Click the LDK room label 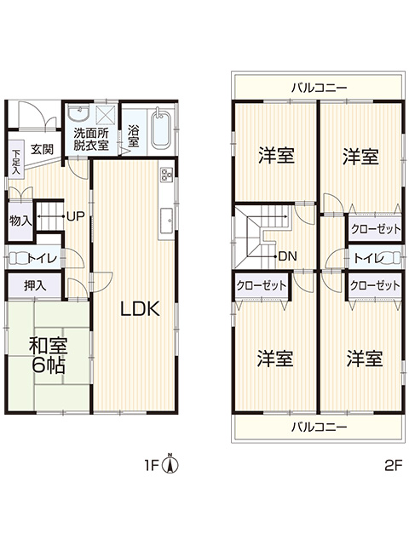tap(140, 308)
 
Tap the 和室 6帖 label tap(48, 355)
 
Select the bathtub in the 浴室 tap(160, 128)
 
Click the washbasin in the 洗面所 tap(78, 113)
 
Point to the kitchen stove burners tap(166, 174)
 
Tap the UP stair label tap(75, 216)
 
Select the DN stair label tap(288, 256)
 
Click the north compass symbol tap(170, 463)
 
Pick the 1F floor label tap(152, 465)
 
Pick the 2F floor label tap(393, 465)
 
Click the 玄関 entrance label tap(42, 150)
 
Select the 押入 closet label tap(35, 286)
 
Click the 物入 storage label tap(20, 221)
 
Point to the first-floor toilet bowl tap(17, 258)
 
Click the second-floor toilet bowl tap(392, 258)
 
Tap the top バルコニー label tap(319, 87)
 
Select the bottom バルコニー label tap(319, 427)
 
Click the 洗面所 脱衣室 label tap(91, 139)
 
